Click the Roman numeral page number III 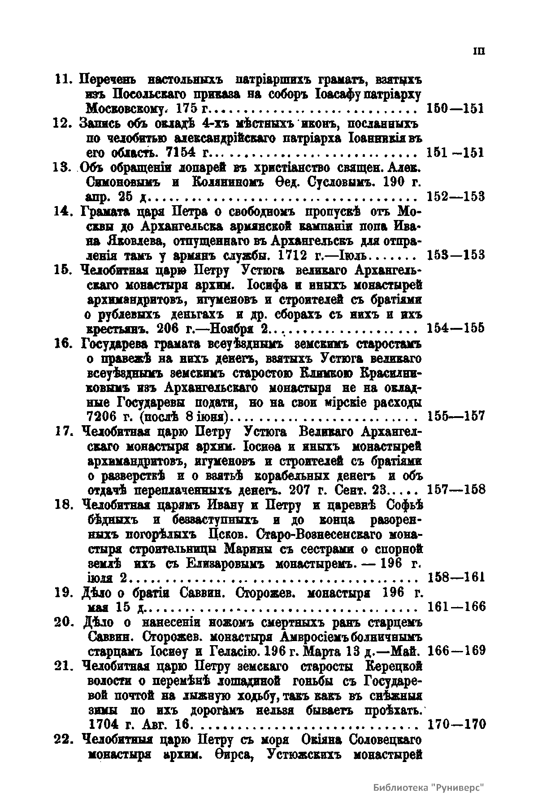(x=479, y=51)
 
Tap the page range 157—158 (x=456, y=489)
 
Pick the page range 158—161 (x=456, y=577)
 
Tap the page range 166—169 (x=456, y=650)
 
